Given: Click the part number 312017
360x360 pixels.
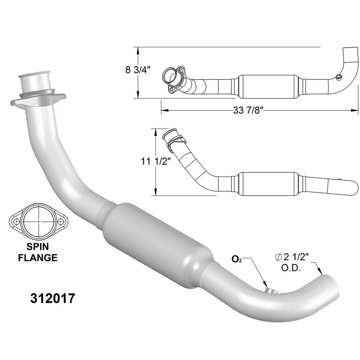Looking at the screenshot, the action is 53,298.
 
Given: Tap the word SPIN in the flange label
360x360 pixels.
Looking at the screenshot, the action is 38,247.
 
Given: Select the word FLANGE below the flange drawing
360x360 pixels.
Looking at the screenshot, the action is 38,257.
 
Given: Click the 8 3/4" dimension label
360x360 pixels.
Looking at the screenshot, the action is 138,70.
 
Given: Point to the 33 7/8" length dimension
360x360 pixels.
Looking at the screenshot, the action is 248,110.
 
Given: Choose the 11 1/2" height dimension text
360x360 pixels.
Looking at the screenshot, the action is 156,162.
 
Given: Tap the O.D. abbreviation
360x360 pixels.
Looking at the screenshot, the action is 291,268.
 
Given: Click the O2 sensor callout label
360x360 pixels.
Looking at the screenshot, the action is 237,259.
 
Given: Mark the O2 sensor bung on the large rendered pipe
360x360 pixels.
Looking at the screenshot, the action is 271,291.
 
